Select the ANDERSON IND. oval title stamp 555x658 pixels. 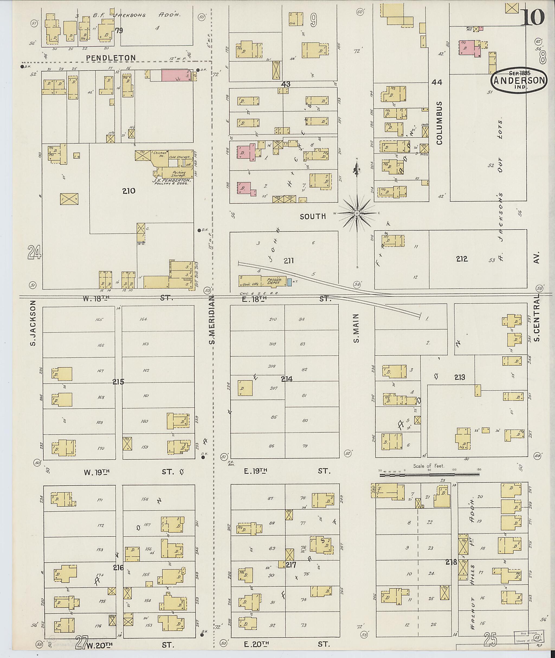(519, 80)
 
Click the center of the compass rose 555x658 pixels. (357, 213)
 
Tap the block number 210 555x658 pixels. (129, 191)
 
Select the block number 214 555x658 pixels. (287, 379)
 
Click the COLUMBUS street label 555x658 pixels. (439, 123)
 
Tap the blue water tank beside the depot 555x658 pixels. (289, 282)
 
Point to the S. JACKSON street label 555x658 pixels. (33, 323)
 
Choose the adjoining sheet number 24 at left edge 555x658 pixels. (34, 252)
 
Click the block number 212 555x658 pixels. (462, 259)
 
